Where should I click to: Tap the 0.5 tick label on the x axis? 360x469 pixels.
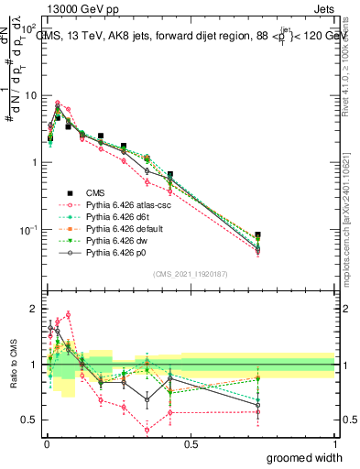coord(191,444)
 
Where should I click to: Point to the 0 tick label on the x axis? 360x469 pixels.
coord(46,444)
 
